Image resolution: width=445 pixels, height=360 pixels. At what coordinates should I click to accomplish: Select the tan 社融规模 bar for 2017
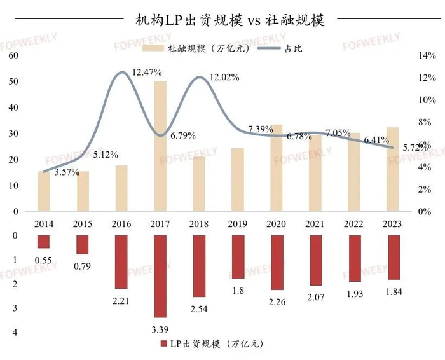(160, 146)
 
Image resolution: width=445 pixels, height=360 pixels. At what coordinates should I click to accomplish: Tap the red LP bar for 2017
(160, 276)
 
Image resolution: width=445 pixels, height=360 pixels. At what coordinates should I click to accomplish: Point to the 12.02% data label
(225, 78)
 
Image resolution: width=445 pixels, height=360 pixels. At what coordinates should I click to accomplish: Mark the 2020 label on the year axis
(277, 223)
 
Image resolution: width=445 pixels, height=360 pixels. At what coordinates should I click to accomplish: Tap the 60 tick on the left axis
(12, 56)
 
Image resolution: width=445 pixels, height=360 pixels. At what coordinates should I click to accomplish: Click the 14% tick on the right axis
(425, 56)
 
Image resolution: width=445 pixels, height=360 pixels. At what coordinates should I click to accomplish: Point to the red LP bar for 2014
(43, 242)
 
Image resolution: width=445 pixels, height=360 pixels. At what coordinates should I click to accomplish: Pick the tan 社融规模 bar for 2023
(393, 169)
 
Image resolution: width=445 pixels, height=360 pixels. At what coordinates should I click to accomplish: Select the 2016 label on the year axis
(121, 223)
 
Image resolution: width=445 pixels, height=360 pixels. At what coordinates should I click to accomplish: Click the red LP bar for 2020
(277, 263)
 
